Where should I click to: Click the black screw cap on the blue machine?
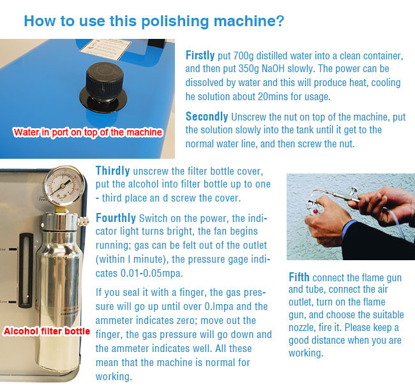(104, 84)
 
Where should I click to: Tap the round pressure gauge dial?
(64, 186)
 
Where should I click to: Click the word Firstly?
(200, 55)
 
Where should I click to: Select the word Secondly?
(207, 117)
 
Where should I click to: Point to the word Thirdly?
(113, 171)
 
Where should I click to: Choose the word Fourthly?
(116, 218)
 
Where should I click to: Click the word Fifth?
(299, 277)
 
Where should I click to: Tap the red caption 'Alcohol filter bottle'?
(47, 331)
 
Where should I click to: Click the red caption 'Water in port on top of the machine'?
(87, 133)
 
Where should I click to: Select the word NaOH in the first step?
(273, 69)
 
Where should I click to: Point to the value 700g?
(243, 56)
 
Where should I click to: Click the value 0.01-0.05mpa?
(152, 273)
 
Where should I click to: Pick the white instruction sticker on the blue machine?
(105, 49)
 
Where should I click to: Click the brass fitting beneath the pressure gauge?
(61, 210)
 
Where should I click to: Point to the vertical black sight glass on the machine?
(26, 270)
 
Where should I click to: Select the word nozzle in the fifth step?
(302, 328)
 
